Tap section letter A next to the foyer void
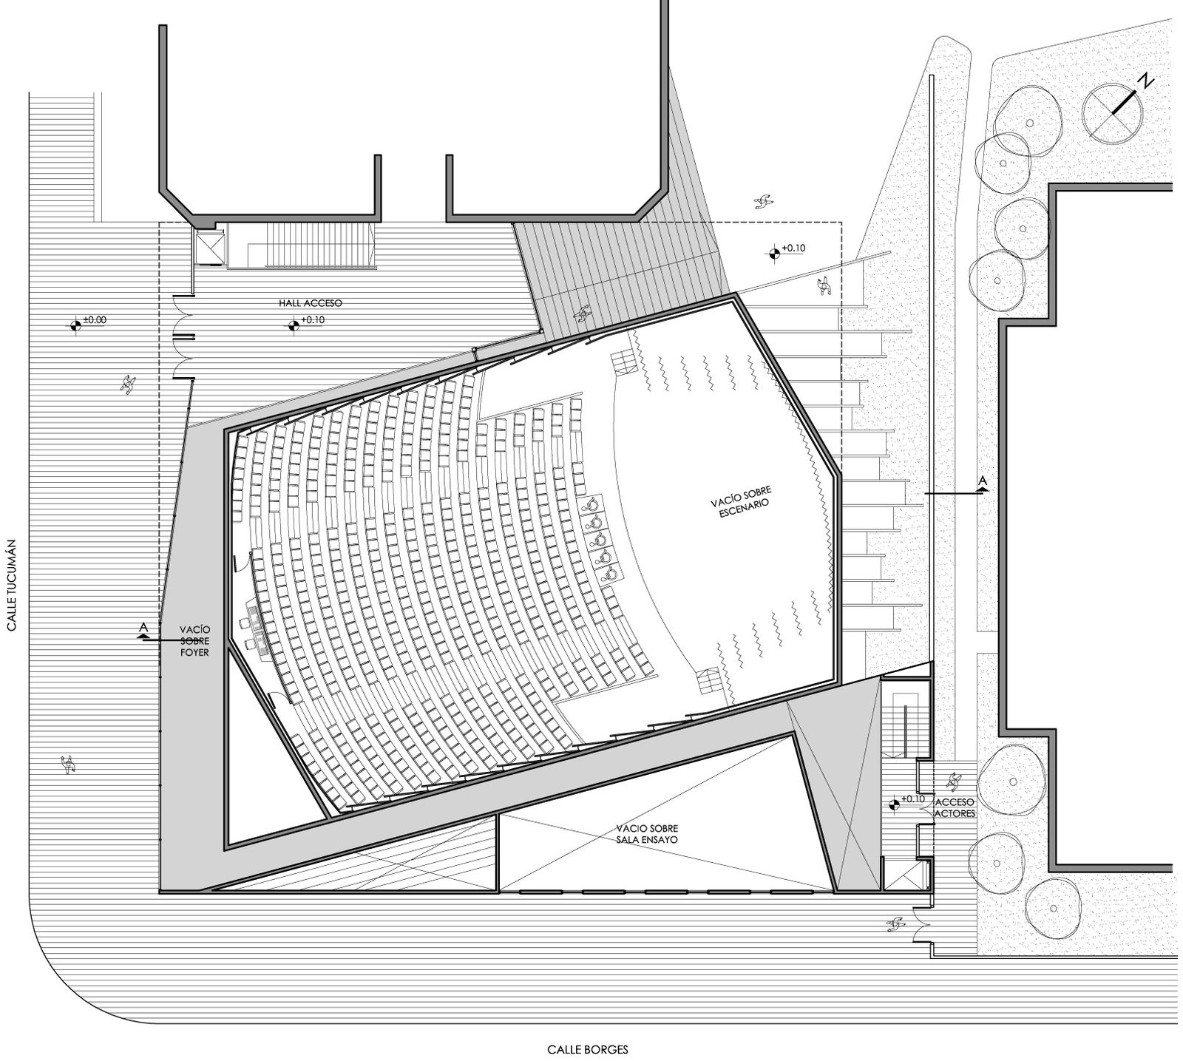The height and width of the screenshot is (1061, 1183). pos(144,628)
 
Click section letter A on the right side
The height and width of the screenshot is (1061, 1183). pos(983,481)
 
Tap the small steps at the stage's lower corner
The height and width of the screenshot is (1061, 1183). pos(708,679)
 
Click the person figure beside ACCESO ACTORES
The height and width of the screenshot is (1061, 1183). pos(953,779)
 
